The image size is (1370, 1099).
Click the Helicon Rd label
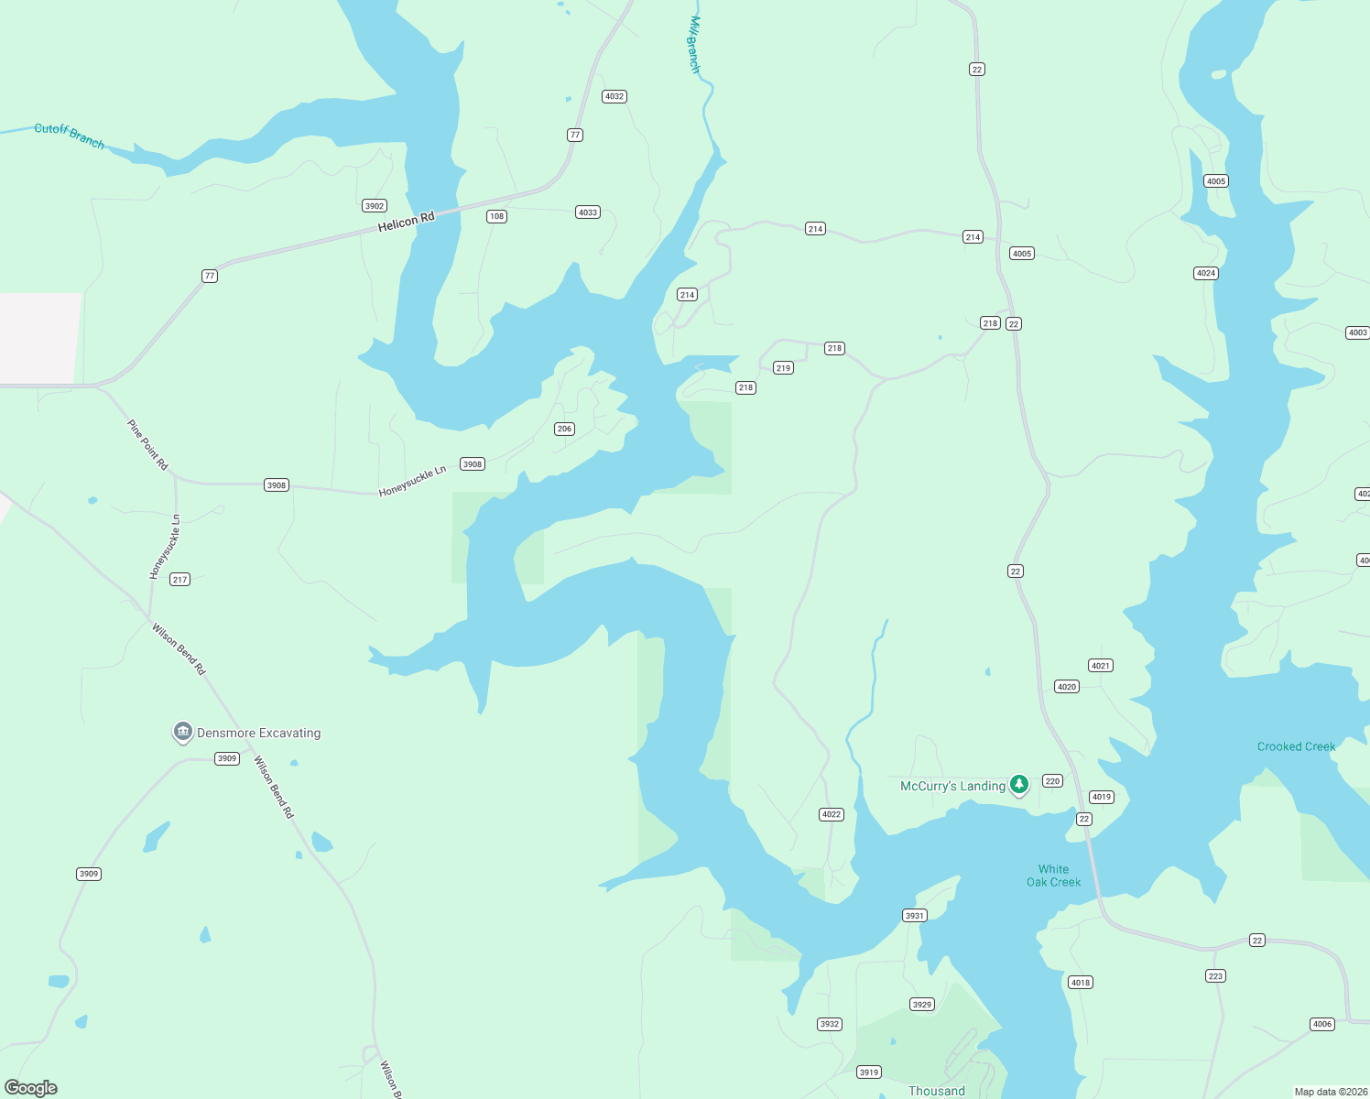pyautogui.click(x=406, y=222)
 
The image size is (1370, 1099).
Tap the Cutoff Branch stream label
pyautogui.click(x=70, y=136)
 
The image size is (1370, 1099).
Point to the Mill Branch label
pyautogui.click(x=694, y=44)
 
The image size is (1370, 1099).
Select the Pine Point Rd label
pyautogui.click(x=147, y=445)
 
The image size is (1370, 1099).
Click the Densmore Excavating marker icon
pyautogui.click(x=182, y=732)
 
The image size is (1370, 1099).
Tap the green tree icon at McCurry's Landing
pyautogui.click(x=1018, y=785)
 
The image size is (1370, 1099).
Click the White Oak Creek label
pyautogui.click(x=1053, y=876)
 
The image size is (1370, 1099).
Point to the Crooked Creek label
pyautogui.click(x=1296, y=746)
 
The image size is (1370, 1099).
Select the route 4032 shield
pyautogui.click(x=614, y=96)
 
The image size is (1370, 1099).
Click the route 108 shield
pyautogui.click(x=496, y=216)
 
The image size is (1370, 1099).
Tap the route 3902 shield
pyautogui.click(x=375, y=206)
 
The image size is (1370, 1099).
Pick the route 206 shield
pyautogui.click(x=564, y=429)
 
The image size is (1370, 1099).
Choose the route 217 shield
pyautogui.click(x=179, y=579)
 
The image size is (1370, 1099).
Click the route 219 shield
pyautogui.click(x=783, y=368)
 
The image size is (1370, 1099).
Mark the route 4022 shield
pyautogui.click(x=831, y=814)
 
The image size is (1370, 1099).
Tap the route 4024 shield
pyautogui.click(x=1206, y=273)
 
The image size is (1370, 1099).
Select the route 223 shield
pyautogui.click(x=1215, y=976)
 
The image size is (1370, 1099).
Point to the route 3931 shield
pyautogui.click(x=914, y=916)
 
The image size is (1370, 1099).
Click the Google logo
pyautogui.click(x=31, y=1088)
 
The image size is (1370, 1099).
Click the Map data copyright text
pyautogui.click(x=1330, y=1092)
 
